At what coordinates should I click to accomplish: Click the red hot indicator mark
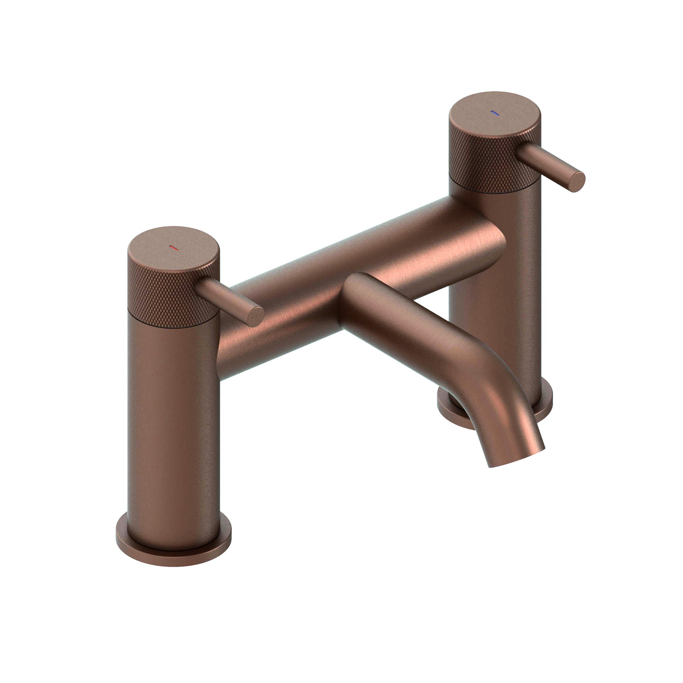click(x=173, y=248)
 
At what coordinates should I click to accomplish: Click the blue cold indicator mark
click(x=494, y=113)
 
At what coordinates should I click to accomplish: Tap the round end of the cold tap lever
click(x=576, y=182)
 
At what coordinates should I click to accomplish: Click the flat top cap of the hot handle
click(x=173, y=249)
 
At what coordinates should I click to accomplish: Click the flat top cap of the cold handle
click(x=495, y=115)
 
